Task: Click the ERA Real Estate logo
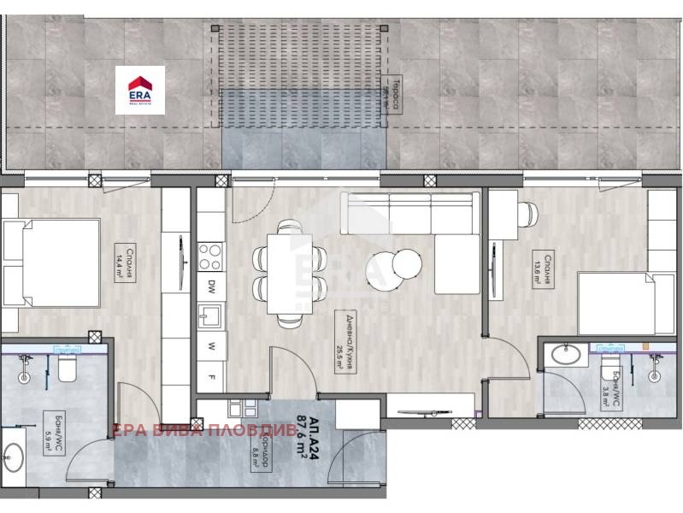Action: pyautogui.click(x=140, y=90)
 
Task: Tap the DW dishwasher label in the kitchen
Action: pyautogui.click(x=210, y=286)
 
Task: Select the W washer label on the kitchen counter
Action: pyautogui.click(x=210, y=347)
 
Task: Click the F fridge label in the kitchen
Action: pyautogui.click(x=210, y=377)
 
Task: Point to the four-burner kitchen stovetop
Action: pyautogui.click(x=210, y=256)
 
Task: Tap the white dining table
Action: pyautogui.click(x=289, y=273)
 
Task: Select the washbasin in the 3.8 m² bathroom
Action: pyautogui.click(x=564, y=353)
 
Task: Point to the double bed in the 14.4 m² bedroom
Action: pyautogui.click(x=51, y=264)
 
